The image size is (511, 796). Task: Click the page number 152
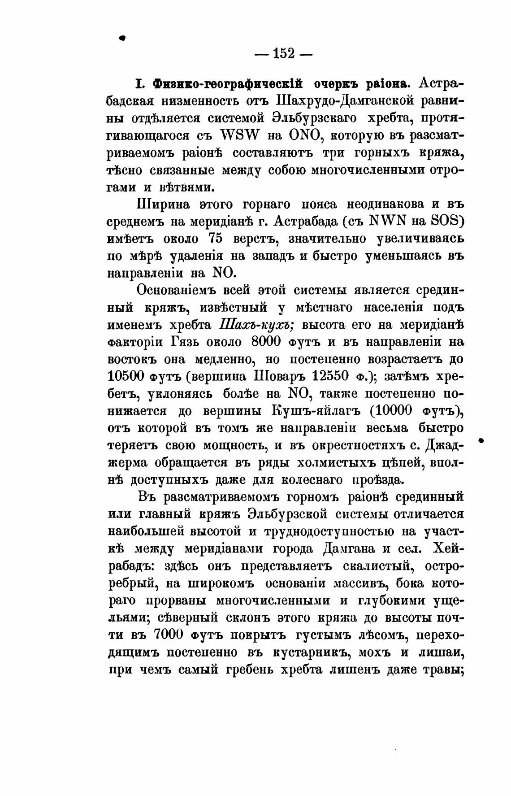[283, 54]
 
